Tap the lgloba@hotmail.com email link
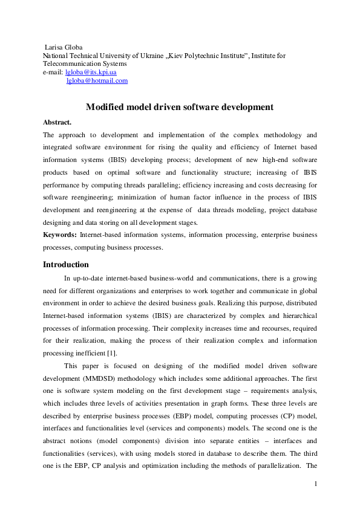[97, 80]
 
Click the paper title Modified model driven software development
[180, 107]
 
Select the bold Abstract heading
[57, 122]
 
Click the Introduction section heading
[66, 264]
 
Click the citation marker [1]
[112, 354]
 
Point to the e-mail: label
[53, 72]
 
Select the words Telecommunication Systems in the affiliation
[85, 63]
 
